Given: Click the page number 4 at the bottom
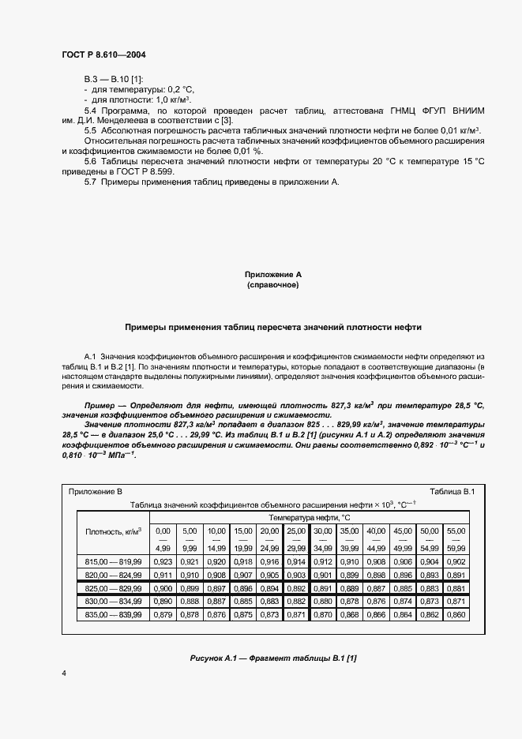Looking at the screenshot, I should tap(62, 672).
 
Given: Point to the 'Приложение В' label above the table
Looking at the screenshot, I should tap(96, 491).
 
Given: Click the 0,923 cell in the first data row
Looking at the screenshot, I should tap(163, 561).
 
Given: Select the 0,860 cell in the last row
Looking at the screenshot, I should tap(456, 613).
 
